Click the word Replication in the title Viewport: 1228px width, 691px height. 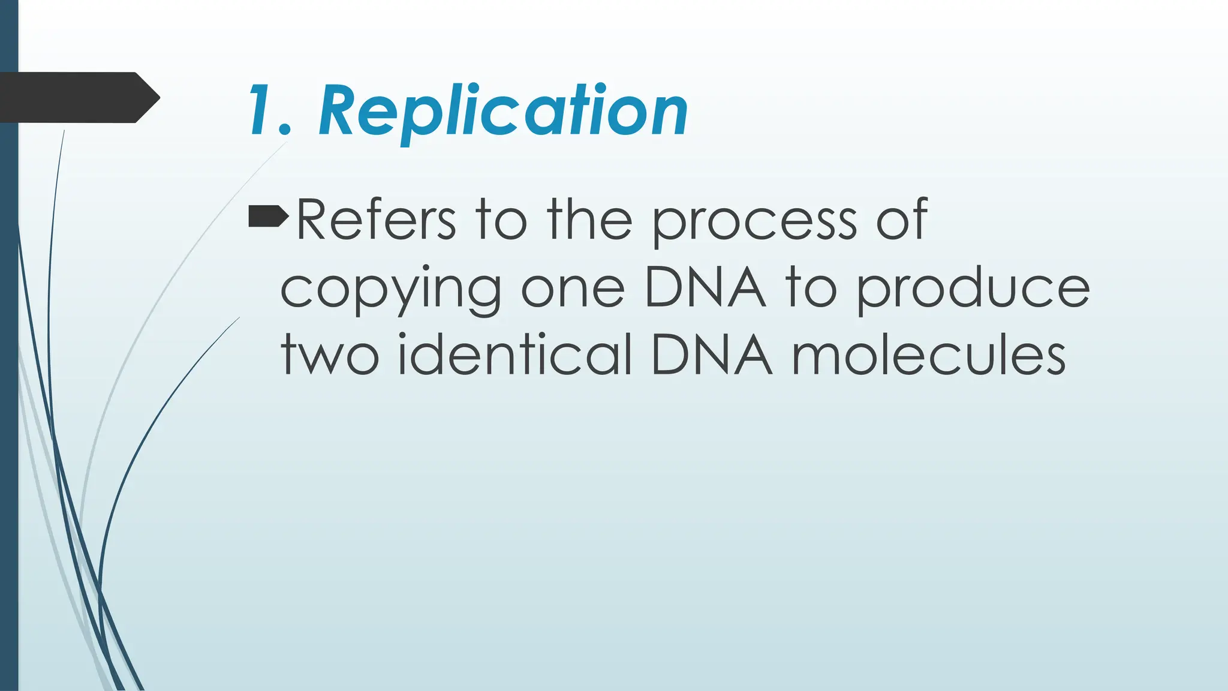click(502, 112)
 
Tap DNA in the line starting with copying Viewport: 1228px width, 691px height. click(705, 288)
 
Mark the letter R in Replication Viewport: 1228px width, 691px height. click(340, 112)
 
